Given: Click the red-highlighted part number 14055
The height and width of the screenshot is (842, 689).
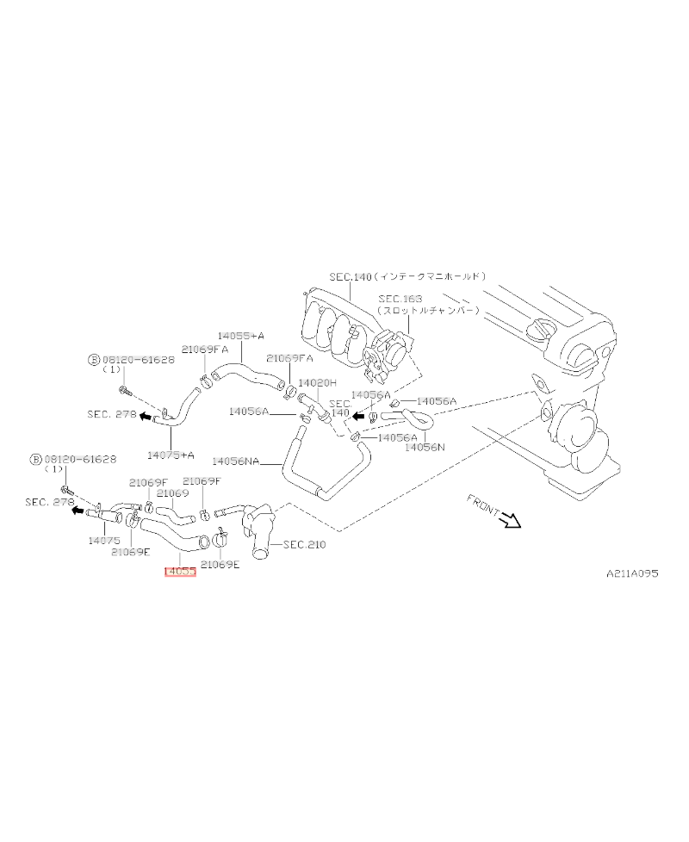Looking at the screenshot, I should tap(180, 571).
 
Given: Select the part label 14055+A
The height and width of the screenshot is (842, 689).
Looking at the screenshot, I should tap(240, 335).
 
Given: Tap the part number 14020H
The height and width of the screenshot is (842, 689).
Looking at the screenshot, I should tap(317, 382).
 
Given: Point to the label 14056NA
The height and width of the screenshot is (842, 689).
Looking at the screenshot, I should tap(235, 461).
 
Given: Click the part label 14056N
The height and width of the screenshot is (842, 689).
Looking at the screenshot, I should tap(425, 448).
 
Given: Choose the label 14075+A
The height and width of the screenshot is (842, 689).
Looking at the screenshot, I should tap(170, 455).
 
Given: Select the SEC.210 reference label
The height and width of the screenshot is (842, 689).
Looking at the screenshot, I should tap(304, 544).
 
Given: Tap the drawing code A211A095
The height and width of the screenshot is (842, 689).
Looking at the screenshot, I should tap(631, 573).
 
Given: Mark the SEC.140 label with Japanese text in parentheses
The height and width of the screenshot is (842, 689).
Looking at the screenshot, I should tap(408, 276).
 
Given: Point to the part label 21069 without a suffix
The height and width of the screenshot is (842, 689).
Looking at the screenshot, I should tap(172, 493).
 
